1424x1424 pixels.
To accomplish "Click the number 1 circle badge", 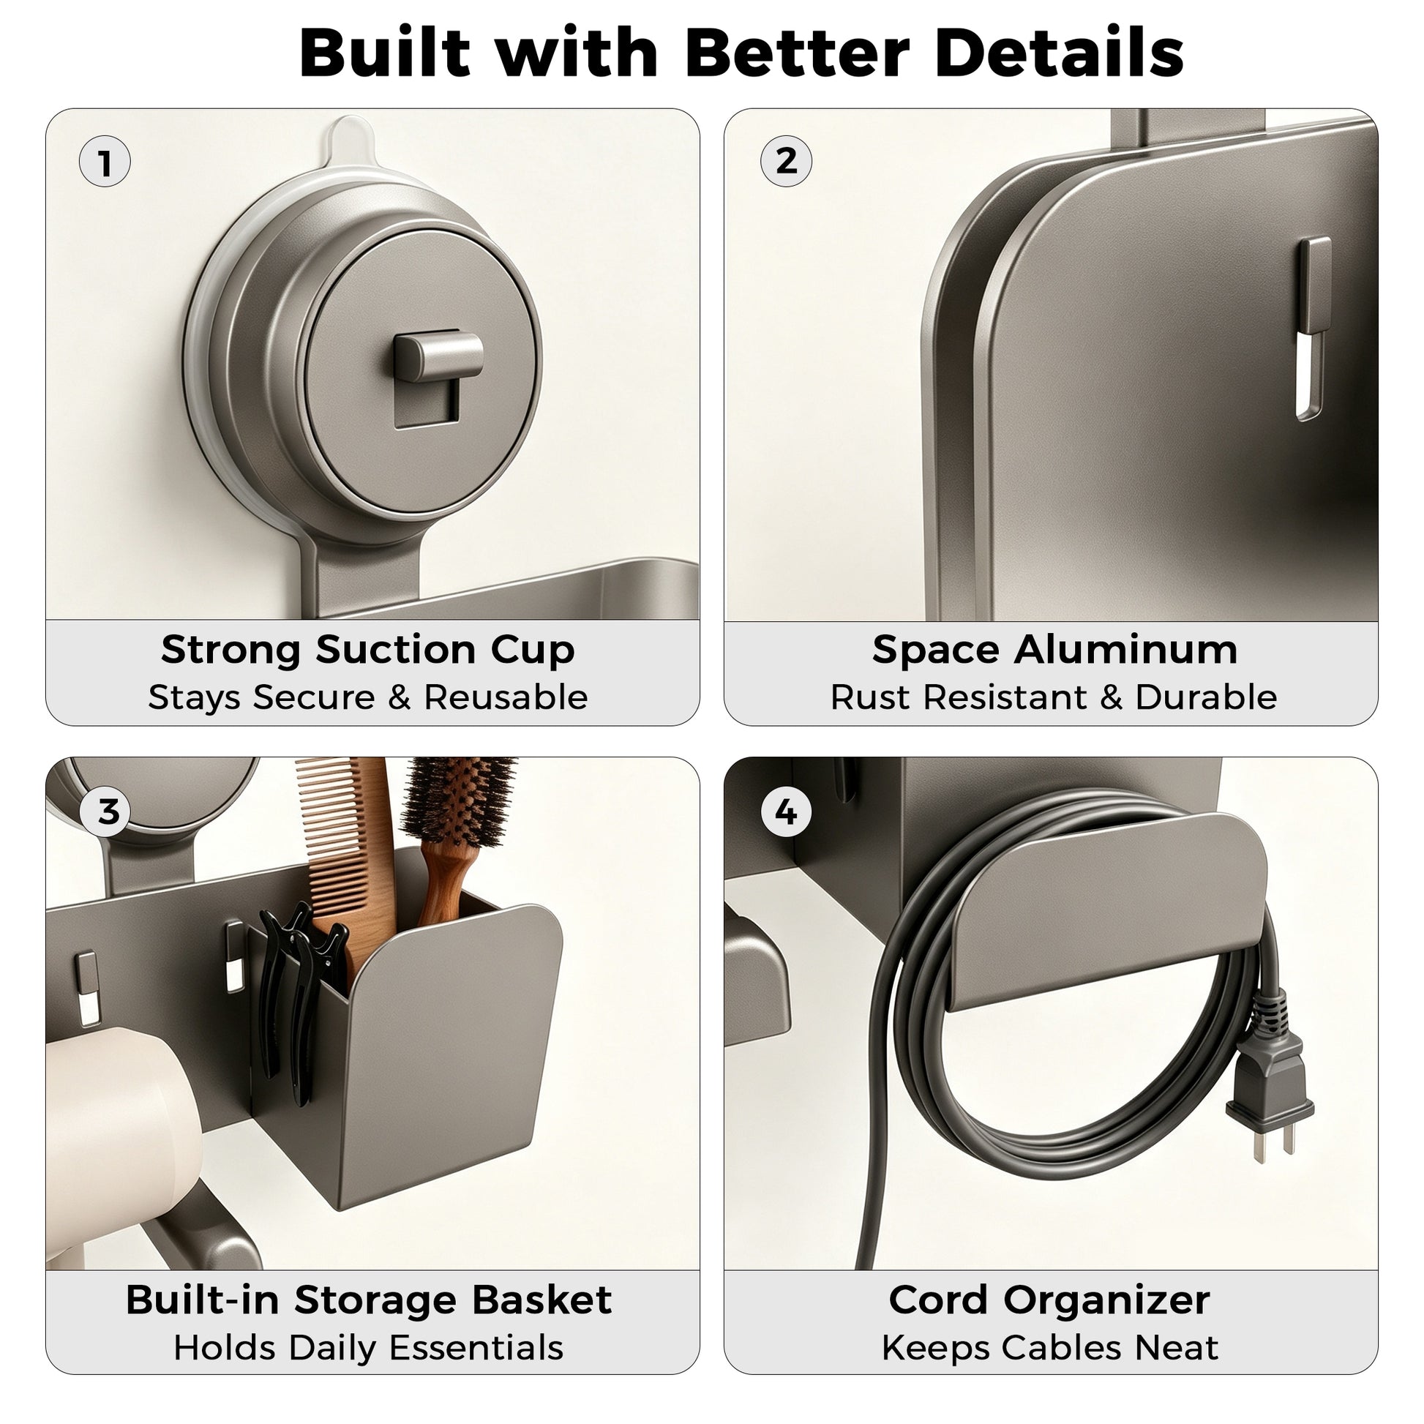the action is click(x=105, y=162).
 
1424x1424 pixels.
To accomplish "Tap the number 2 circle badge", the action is click(x=786, y=161).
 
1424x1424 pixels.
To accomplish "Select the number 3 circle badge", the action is click(x=108, y=812).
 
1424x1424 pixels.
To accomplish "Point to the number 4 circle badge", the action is click(x=786, y=812).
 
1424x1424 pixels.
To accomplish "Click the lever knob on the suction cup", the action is click(x=438, y=355).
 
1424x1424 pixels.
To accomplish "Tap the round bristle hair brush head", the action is click(x=459, y=802).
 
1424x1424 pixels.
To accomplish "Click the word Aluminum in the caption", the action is click(x=1125, y=649).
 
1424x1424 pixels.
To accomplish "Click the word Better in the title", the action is click(x=797, y=53).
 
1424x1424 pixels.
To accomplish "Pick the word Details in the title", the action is click(x=1059, y=53).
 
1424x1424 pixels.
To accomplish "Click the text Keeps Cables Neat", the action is click(x=1049, y=1348).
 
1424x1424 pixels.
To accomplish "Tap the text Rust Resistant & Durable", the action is click(x=1053, y=697).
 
